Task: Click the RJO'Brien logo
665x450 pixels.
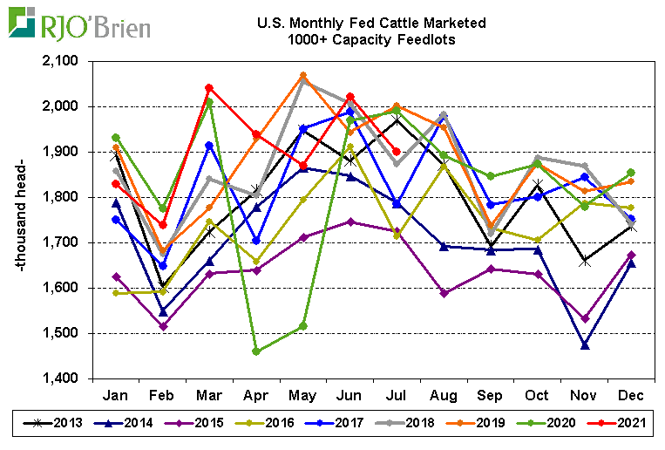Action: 78,24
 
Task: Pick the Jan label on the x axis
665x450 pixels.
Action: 115,395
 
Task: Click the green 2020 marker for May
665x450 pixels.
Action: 302,326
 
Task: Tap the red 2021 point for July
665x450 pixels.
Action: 397,151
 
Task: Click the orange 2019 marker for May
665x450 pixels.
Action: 302,76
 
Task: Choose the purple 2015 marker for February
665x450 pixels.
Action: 162,326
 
